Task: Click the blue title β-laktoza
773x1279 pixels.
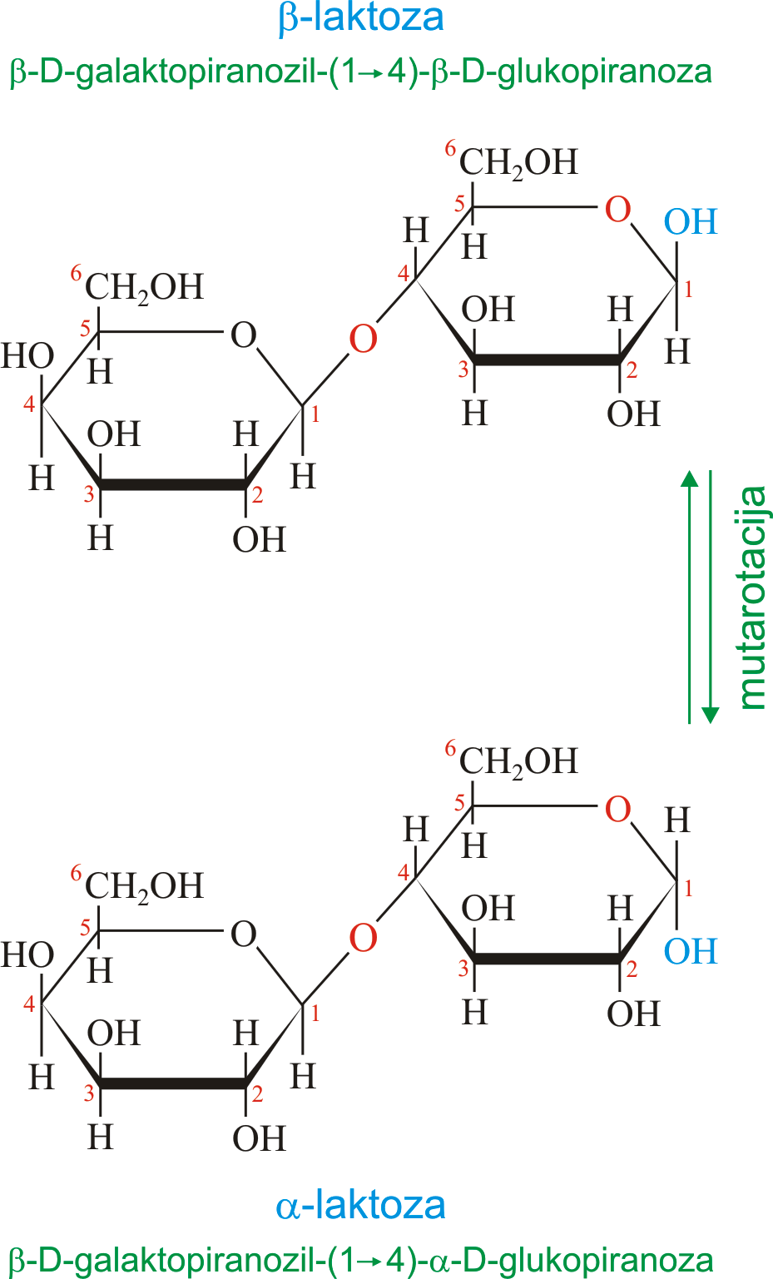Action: (x=361, y=18)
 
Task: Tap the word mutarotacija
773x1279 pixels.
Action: (x=752, y=597)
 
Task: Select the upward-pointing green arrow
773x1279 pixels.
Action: (x=690, y=597)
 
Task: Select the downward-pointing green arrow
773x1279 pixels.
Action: (x=711, y=597)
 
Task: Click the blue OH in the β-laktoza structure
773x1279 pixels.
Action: (x=691, y=222)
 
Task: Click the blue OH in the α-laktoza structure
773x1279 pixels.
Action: (x=691, y=952)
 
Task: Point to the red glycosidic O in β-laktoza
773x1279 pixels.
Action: (x=363, y=339)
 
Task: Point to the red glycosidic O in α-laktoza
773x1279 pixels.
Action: (x=363, y=938)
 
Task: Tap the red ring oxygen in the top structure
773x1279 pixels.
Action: (x=617, y=209)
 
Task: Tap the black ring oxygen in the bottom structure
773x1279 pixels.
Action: (x=243, y=934)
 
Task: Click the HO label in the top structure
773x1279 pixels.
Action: (x=27, y=355)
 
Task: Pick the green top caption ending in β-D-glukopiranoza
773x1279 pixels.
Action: (x=361, y=72)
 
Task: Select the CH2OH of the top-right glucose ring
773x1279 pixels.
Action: (x=518, y=163)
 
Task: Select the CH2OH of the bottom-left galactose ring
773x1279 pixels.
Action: (x=144, y=887)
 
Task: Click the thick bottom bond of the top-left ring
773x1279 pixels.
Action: (x=174, y=485)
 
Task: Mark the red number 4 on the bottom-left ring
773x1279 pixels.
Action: (x=29, y=1004)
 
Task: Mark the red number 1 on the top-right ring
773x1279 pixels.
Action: (x=688, y=290)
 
